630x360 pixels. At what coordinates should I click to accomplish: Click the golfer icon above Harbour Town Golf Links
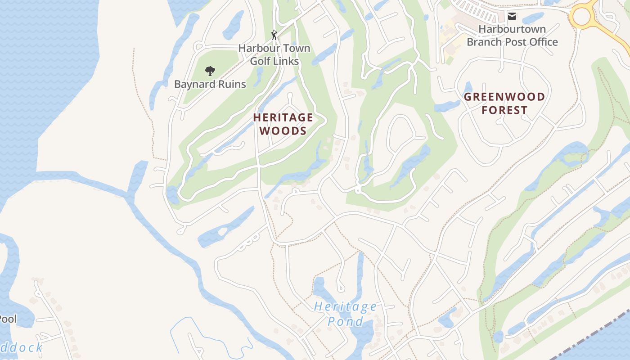(x=274, y=35)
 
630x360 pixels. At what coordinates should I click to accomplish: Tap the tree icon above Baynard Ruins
(x=209, y=71)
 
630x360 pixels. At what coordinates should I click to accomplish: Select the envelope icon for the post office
(x=512, y=16)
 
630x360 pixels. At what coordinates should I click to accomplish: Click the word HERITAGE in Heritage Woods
(x=283, y=117)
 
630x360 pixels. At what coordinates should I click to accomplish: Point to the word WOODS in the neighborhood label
(x=283, y=131)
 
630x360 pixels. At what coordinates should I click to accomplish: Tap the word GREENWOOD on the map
(x=504, y=97)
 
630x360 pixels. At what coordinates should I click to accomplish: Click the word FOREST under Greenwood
(x=504, y=110)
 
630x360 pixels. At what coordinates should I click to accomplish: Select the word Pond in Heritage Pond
(x=345, y=322)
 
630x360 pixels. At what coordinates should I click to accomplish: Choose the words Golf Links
(x=274, y=61)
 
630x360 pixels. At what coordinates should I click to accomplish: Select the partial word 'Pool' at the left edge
(x=8, y=319)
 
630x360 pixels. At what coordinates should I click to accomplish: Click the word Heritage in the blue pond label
(x=345, y=307)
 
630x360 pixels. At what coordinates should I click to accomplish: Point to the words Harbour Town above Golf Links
(x=274, y=48)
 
